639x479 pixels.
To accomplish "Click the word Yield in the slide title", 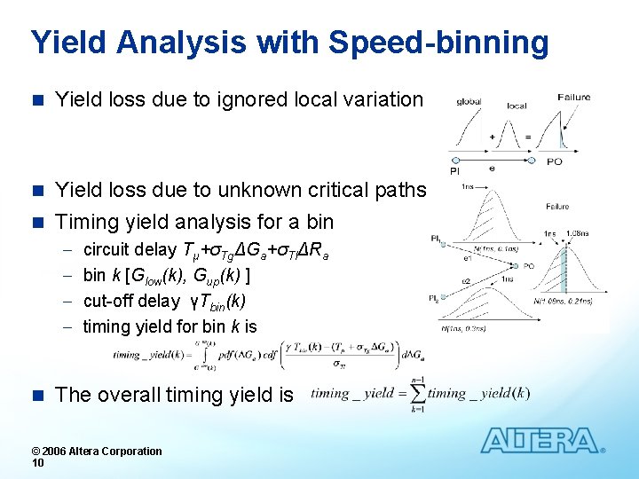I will (x=67, y=42).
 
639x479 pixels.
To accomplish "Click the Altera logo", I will (x=540, y=441).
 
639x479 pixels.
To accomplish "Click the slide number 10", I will (x=38, y=462).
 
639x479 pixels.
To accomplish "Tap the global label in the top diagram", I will (x=469, y=101).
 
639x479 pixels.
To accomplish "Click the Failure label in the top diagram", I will (x=574, y=97).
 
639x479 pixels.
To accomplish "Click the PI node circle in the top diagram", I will (x=454, y=161).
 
